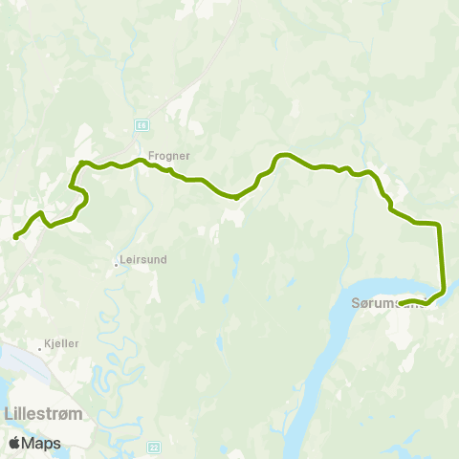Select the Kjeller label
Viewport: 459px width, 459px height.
coord(61,343)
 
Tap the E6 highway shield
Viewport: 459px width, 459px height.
coord(142,124)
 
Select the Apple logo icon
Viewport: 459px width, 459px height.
coord(14,443)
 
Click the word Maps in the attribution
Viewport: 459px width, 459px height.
coord(41,443)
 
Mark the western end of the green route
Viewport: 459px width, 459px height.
coord(15,237)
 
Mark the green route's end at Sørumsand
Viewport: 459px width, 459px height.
coord(401,304)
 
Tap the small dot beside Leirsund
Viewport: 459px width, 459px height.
coord(116,263)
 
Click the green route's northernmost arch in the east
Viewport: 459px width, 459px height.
coord(284,155)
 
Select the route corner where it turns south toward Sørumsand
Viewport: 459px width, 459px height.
coord(438,225)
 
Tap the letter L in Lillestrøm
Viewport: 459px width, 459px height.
coord(10,414)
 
